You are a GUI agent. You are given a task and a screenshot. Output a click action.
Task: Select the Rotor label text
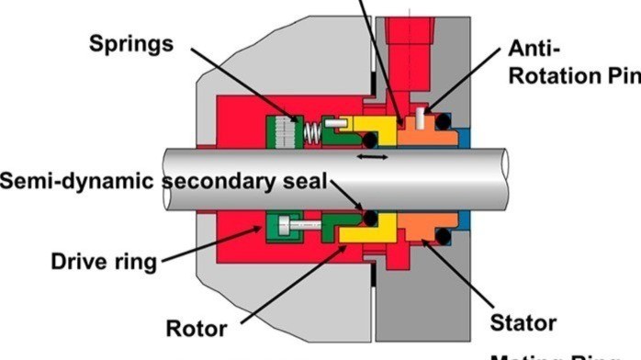click(196, 328)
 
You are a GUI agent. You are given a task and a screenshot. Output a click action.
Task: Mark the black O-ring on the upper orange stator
click(443, 121)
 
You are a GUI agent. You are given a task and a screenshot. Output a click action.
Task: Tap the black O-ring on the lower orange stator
click(443, 237)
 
